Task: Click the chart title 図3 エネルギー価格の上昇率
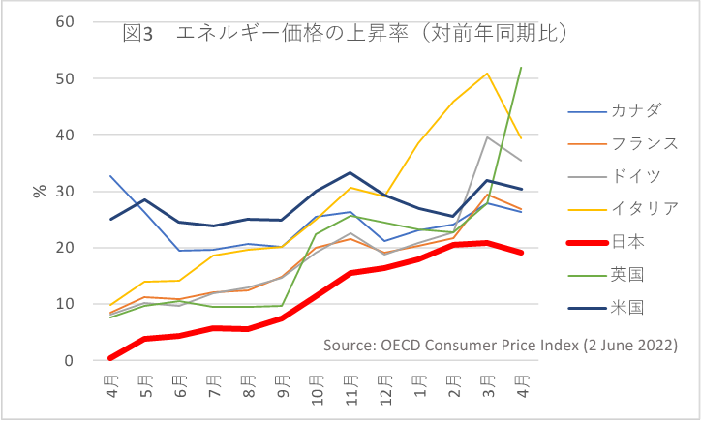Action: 345,33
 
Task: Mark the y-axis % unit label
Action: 40,191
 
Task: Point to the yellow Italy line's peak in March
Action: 487,74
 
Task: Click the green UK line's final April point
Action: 522,68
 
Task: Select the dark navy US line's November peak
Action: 350,173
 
